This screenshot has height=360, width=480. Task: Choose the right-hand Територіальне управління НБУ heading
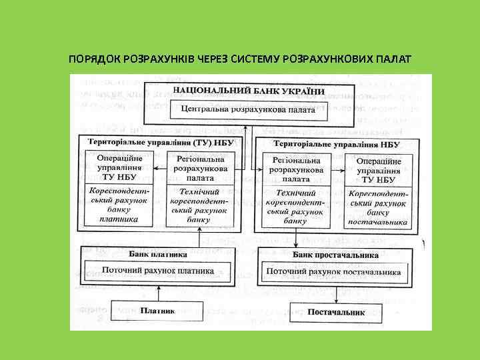[x=337, y=144]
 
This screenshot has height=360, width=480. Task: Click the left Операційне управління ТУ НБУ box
[x=117, y=167]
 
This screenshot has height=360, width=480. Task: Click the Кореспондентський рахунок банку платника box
[x=117, y=205]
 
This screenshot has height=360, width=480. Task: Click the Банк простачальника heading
[x=336, y=255]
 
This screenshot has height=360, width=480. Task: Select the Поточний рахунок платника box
[x=158, y=271]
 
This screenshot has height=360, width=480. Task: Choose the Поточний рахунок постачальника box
[x=333, y=271]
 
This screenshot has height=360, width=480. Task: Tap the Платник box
[x=158, y=310]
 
